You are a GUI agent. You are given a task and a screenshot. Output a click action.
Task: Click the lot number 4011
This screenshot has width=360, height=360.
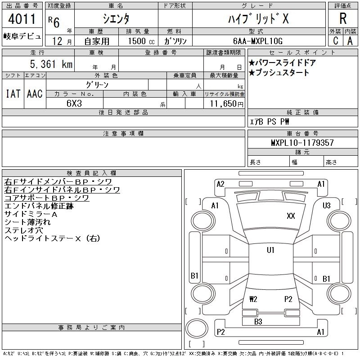point(22,20)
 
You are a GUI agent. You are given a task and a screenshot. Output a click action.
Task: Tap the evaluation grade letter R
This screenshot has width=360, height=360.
point(343,19)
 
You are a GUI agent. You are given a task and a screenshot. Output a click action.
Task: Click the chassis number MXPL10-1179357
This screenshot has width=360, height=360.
point(302,143)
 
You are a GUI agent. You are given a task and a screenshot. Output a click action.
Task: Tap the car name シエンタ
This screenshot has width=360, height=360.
point(116,19)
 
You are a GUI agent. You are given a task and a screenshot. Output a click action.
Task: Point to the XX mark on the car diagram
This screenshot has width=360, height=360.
point(291,216)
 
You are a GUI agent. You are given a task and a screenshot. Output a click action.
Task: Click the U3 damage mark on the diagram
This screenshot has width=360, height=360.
point(327,206)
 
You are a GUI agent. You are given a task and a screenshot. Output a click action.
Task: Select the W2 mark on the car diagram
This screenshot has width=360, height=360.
point(253,298)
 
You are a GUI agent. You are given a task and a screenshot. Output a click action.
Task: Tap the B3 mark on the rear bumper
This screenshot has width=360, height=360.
point(258,321)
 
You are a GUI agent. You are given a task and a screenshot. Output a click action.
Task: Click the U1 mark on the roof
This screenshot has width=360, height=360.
point(270,250)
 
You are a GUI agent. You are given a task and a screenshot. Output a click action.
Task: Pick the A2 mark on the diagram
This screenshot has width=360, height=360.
point(220,184)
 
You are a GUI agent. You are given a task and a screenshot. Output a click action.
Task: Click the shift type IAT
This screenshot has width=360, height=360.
point(13,94)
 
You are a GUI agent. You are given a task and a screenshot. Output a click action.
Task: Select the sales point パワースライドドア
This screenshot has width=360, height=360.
point(282,63)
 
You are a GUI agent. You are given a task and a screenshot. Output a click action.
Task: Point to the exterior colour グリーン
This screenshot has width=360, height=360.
point(97,85)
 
